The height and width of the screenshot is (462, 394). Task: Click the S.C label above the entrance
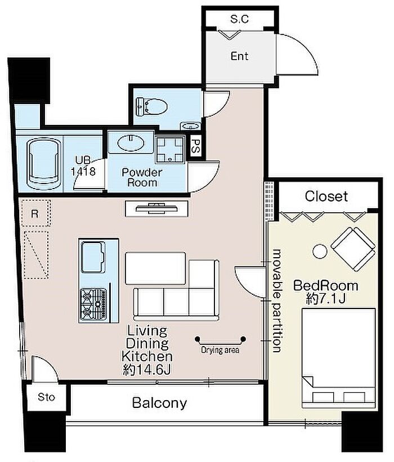(240, 19)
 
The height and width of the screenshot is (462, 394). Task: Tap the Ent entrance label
(239, 56)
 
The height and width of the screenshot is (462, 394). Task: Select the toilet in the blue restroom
(151, 107)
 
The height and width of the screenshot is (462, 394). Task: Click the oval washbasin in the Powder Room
(131, 143)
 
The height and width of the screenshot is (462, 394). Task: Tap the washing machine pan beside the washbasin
(170, 149)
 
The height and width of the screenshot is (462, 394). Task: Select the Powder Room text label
(142, 177)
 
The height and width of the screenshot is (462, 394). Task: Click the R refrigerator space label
(34, 214)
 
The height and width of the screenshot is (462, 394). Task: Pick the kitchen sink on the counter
(93, 257)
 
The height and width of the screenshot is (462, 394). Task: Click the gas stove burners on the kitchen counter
(93, 304)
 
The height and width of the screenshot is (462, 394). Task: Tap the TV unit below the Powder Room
(156, 209)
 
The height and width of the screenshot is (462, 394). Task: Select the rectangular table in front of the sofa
(155, 268)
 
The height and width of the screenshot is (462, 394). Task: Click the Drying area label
(220, 350)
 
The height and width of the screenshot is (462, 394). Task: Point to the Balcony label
(159, 403)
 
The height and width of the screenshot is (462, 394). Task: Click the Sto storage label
(46, 397)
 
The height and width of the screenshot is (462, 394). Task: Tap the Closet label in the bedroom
(326, 196)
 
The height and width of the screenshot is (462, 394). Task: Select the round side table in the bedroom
(320, 252)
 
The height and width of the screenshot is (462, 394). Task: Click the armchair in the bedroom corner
(353, 249)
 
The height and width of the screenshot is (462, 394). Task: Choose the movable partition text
(277, 300)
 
